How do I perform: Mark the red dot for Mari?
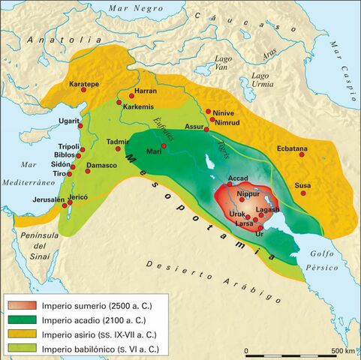pos(163,145)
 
